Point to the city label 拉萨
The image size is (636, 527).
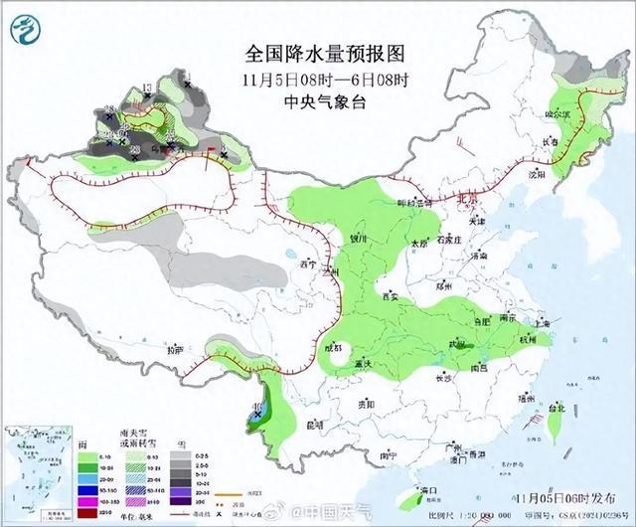pos(175,350)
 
